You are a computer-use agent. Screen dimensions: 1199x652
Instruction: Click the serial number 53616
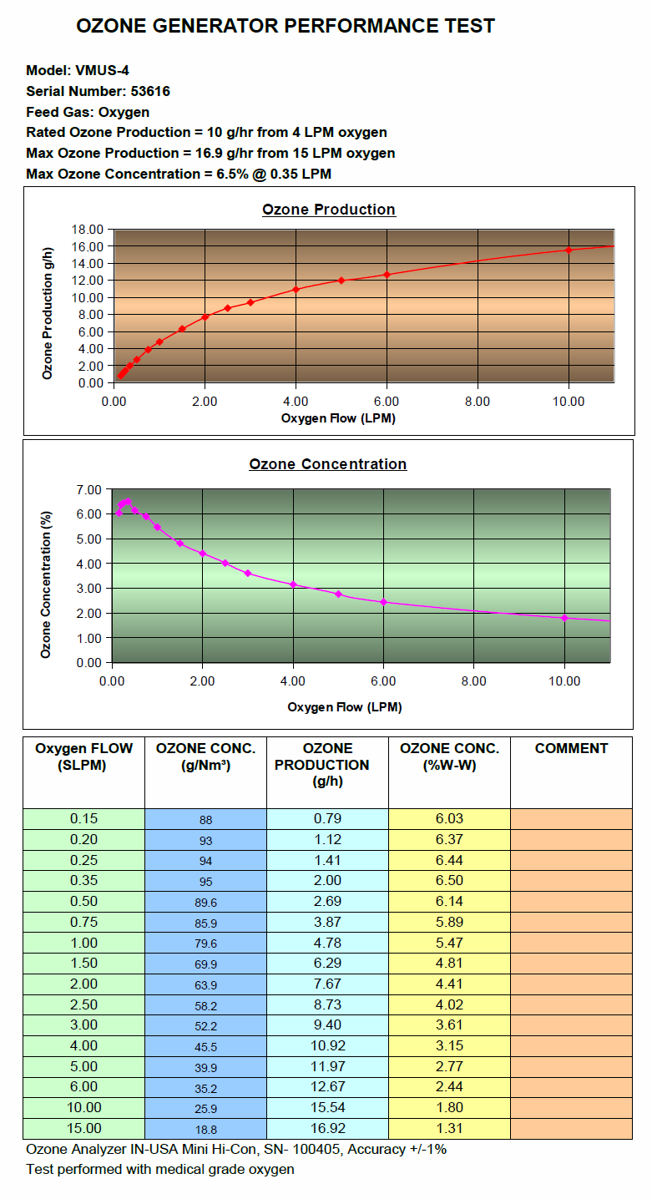150,91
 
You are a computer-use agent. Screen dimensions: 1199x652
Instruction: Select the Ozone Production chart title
329,210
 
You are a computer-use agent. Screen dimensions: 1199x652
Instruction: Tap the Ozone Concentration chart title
327,464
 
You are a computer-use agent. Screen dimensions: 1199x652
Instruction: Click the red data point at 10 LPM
569,250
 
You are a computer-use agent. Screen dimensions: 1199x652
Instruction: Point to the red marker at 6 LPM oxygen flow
387,275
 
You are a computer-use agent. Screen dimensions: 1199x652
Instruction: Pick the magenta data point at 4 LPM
293,584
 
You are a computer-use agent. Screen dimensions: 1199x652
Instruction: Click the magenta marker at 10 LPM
564,618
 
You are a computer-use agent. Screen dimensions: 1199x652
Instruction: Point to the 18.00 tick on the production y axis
88,230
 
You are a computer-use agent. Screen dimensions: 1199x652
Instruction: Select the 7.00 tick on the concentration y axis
88,489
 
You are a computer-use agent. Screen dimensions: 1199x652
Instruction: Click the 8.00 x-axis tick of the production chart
478,402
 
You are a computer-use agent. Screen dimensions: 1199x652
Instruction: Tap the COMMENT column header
571,749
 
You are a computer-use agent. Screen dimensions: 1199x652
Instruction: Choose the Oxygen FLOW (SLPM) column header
83,756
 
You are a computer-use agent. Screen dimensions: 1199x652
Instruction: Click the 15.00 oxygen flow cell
83,1128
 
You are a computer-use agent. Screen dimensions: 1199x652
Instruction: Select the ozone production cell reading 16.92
327,1128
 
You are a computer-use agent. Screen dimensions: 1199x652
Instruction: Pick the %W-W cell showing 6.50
449,881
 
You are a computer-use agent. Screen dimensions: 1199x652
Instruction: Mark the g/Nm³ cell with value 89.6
205,902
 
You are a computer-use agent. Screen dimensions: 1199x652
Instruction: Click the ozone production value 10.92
327,1045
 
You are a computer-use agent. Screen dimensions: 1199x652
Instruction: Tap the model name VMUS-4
103,70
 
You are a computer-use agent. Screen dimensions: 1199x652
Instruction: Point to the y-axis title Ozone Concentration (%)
47,574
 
